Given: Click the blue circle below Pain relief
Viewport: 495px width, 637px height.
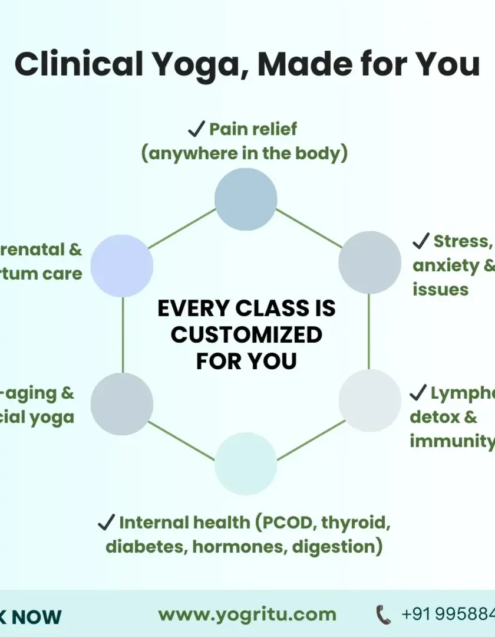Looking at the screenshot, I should click(x=246, y=199).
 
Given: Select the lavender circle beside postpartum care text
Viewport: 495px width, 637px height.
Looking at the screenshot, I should click(x=122, y=265).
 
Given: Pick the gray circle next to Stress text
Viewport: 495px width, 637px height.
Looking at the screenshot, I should click(x=369, y=262).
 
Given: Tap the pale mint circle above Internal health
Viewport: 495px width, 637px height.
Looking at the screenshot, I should click(x=246, y=463).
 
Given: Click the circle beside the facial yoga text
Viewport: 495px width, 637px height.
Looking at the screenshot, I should click(x=122, y=404).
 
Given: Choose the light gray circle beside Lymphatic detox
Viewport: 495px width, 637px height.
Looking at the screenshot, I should click(x=369, y=400).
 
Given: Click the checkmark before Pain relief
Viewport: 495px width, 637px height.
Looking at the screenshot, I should click(x=196, y=129).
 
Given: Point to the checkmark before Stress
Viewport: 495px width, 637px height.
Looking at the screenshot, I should click(x=420, y=241).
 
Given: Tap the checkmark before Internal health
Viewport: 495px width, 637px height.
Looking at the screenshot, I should click(x=106, y=522).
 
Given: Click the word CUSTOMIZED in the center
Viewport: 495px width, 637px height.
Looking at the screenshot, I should click(x=246, y=335).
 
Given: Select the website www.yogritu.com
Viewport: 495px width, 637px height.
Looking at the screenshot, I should click(x=247, y=615).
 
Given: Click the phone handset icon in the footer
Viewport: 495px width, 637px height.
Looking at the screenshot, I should click(x=383, y=615).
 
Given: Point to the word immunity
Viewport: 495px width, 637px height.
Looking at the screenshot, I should click(x=451, y=441).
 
